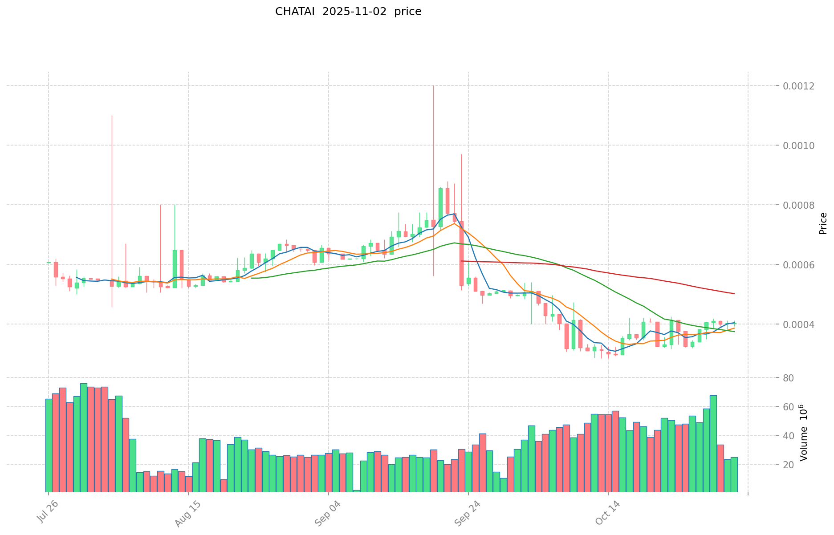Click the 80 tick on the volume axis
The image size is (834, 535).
click(x=789, y=378)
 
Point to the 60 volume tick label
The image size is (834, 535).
click(x=789, y=407)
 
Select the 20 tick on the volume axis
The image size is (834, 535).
click(x=789, y=465)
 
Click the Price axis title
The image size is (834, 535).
click(x=823, y=223)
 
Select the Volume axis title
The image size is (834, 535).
click(x=804, y=433)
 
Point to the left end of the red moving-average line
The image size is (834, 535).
click(x=462, y=261)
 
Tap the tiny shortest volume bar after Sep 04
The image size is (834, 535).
click(x=357, y=491)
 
